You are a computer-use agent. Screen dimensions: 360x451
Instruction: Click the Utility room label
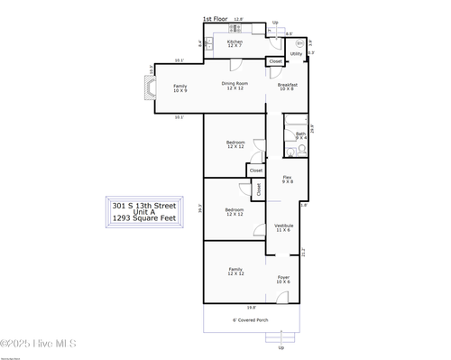[x=296, y=54]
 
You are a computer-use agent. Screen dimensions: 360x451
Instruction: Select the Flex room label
[x=287, y=180]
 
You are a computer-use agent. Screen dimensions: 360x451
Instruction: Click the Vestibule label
[x=283, y=227]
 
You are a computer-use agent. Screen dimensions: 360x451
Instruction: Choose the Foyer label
[x=283, y=279]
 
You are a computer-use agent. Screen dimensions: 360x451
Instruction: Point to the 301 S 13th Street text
[x=144, y=205]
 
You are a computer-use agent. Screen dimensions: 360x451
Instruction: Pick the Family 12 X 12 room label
[x=235, y=272]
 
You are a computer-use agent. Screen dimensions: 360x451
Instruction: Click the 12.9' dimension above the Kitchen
[x=238, y=19]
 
